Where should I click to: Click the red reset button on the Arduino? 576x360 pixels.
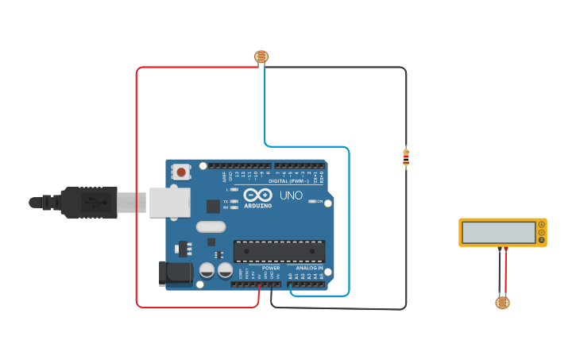pos(181,171)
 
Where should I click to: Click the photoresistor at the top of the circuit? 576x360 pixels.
pos(261,56)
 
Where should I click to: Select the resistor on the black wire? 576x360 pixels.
pos(406,158)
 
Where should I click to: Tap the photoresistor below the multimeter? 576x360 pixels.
pos(502,302)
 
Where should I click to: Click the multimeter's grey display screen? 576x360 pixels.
pos(498,232)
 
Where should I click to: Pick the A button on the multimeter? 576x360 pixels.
pos(542,225)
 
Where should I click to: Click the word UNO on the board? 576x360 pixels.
pos(291,195)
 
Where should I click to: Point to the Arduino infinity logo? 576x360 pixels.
pos(257,195)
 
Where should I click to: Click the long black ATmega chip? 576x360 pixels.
pos(279,251)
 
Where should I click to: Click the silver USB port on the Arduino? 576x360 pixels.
pos(169,203)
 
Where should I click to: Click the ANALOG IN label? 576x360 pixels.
pos(309,268)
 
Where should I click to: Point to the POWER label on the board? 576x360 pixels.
pos(271,268)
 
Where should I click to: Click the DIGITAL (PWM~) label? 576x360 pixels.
pos(289,181)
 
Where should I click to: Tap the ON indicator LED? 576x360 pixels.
pos(311,201)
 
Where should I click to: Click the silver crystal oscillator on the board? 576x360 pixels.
pos(206,226)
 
